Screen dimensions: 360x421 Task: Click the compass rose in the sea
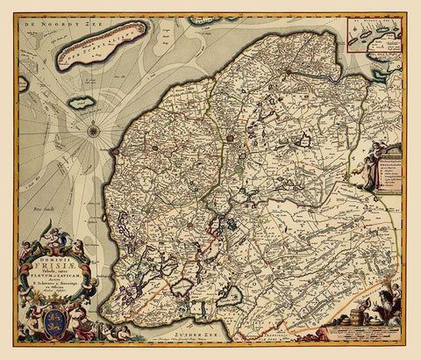pos(93,132)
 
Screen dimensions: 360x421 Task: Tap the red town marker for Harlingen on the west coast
pos(114,151)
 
